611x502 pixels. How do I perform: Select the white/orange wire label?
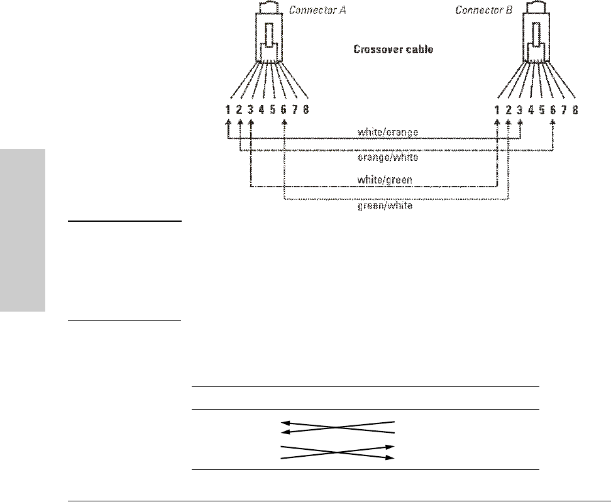point(387,132)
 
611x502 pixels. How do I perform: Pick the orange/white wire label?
point(387,157)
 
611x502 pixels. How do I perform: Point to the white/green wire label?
point(385,180)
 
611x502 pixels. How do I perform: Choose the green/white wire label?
point(385,205)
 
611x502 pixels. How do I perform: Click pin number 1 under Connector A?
point(229,110)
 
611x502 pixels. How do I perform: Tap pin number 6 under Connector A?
point(284,110)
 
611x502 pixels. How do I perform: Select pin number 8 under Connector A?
point(306,110)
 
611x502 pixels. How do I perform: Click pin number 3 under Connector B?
point(520,110)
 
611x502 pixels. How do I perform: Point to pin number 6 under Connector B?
point(553,110)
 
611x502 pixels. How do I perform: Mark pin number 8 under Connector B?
point(575,110)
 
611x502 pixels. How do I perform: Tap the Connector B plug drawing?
point(537,38)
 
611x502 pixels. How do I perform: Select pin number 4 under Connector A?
point(262,110)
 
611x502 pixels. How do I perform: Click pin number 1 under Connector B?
point(497,110)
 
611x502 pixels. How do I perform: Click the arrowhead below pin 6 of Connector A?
point(284,123)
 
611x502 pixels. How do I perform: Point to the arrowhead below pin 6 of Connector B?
point(553,123)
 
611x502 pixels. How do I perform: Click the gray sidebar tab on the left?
point(23,230)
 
